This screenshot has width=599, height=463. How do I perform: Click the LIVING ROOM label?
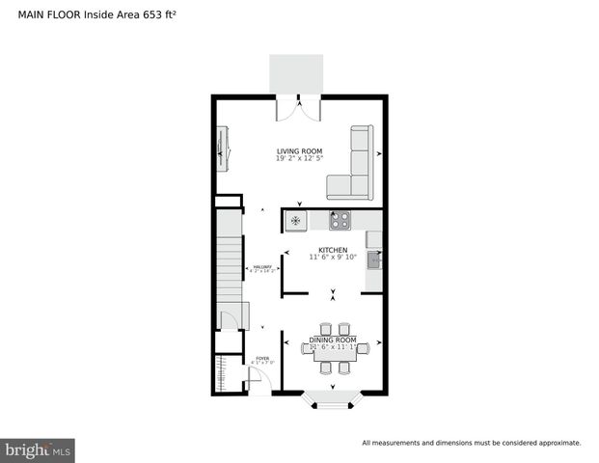point(299,150)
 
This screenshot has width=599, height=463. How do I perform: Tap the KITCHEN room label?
point(333,250)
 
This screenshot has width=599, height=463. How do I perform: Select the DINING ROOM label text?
point(333,340)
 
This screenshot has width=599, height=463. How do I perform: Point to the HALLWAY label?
point(262,267)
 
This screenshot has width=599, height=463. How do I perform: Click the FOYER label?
point(262,358)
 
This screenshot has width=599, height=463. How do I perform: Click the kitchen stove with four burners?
point(340,221)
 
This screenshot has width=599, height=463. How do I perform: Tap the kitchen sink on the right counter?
point(375,259)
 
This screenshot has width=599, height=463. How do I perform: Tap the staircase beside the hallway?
point(228,260)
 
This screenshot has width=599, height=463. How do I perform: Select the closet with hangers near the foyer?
point(225,372)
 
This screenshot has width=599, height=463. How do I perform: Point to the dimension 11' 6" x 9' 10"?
point(333,258)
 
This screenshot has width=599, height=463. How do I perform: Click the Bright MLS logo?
point(39,449)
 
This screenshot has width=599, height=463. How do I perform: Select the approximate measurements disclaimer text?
point(471,443)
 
